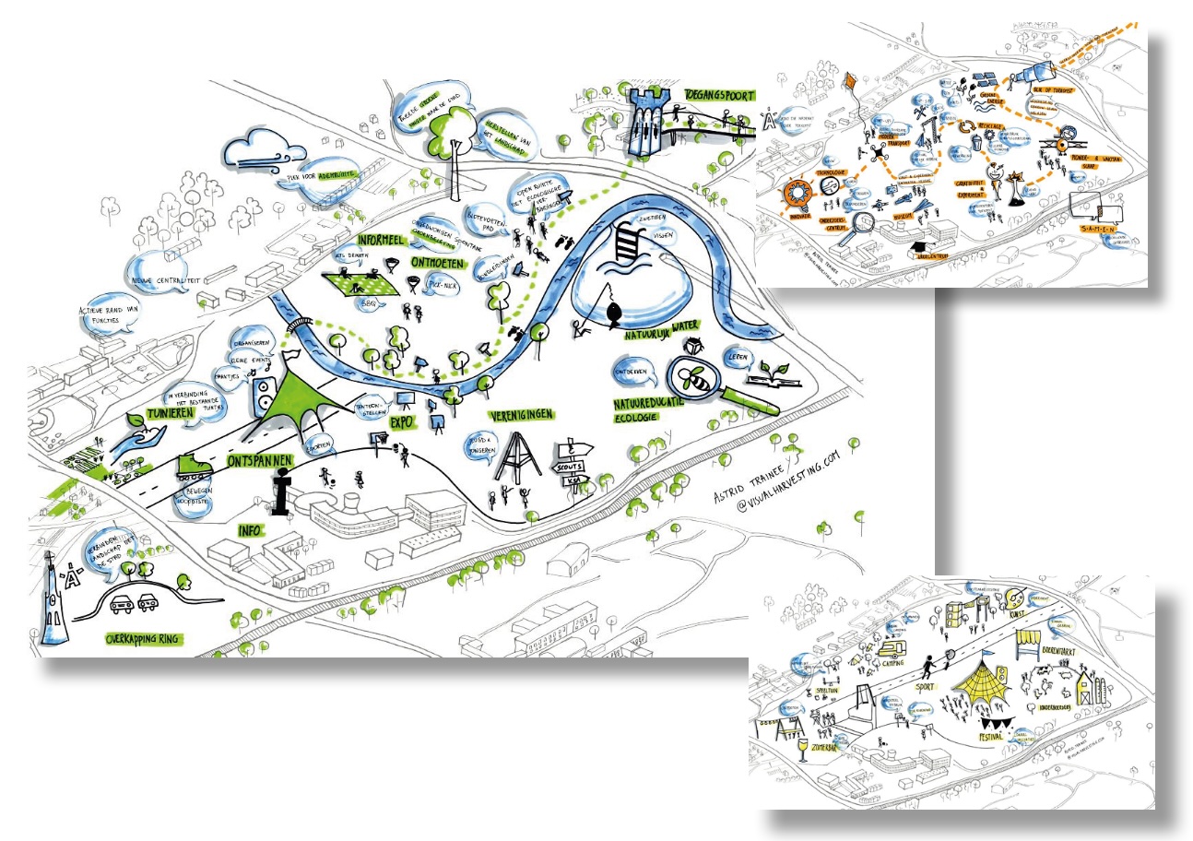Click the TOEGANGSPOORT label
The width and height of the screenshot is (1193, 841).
click(x=719, y=95)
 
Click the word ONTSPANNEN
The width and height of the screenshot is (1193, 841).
click(x=257, y=457)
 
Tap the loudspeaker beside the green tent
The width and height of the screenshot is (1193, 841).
click(x=264, y=394)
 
